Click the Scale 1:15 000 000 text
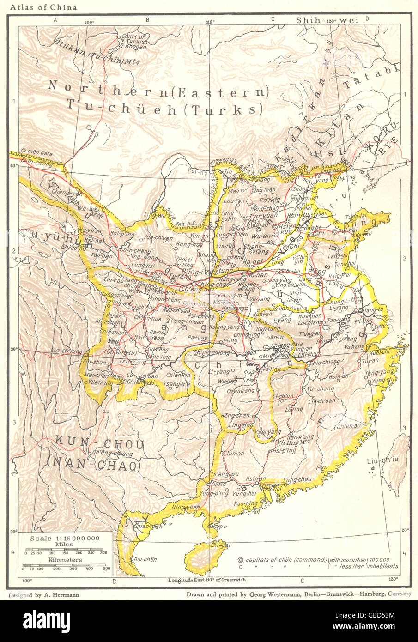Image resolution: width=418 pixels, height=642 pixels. (x=64, y=539)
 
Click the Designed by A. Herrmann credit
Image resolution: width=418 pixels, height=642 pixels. (x=43, y=595)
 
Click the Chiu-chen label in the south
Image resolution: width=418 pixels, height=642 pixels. (x=144, y=559)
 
